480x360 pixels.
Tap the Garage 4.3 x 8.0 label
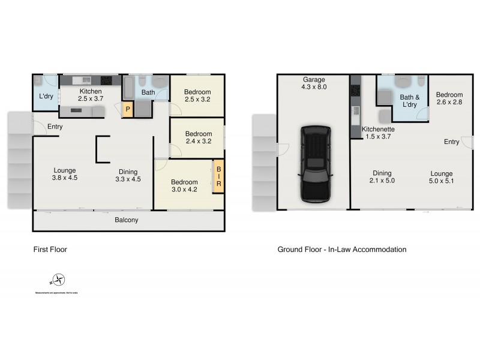[x=313, y=83]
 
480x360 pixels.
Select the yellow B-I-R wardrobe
[x=218, y=176]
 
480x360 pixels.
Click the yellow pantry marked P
[x=127, y=109]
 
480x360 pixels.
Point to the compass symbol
[x=58, y=280]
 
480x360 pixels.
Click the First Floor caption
[x=50, y=250]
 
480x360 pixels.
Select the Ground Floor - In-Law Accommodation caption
[x=341, y=250]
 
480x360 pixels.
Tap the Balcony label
[x=127, y=220]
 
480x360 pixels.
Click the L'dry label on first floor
[x=46, y=97]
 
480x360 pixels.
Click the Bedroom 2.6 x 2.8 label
[x=449, y=99]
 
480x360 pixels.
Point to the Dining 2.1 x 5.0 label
[x=382, y=177]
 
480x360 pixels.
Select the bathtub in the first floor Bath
[x=129, y=88]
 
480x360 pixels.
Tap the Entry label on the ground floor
[x=452, y=142]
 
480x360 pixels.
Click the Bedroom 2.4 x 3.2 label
[x=198, y=138]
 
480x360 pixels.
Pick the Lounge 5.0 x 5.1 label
[x=442, y=177]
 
